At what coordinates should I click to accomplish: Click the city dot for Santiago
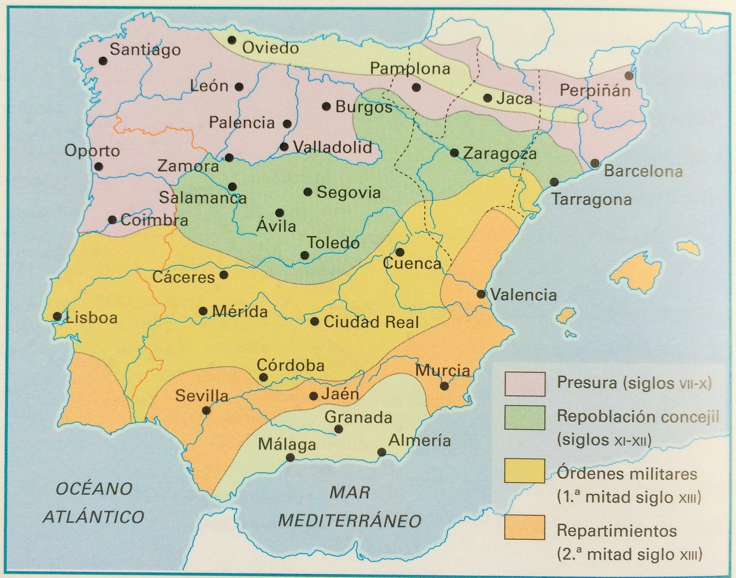pos(102,61)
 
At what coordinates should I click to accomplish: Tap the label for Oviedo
pos(271,48)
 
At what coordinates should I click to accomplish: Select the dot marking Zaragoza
pos(454,153)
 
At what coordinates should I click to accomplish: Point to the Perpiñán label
pos(595,91)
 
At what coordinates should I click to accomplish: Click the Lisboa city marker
pos(57,317)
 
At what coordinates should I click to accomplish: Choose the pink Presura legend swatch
pos(525,384)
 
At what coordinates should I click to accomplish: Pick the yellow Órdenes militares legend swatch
pos(525,471)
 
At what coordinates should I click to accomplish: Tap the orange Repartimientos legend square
pos(525,527)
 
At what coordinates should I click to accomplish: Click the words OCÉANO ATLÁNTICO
pos(94,503)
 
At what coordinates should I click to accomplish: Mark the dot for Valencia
pos(481,294)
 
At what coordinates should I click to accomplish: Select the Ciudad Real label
pos(371,322)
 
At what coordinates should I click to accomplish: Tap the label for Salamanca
pos(203,198)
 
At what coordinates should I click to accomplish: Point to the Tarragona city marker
pos(554,182)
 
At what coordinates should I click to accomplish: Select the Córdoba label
pos(291,365)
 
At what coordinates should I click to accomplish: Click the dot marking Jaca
pos(488,98)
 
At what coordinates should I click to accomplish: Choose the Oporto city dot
pos(99,167)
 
